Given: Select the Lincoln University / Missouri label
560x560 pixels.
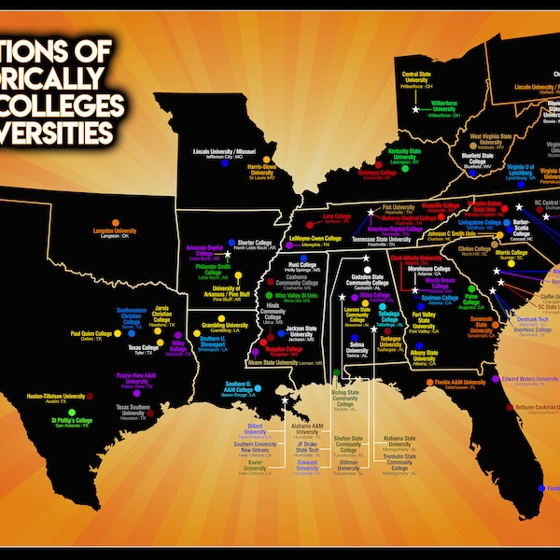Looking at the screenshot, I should tap(224, 149).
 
